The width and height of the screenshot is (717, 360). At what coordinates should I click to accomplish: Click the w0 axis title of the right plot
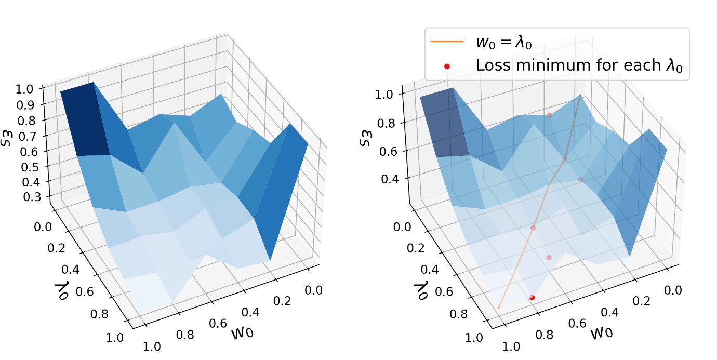point(603,331)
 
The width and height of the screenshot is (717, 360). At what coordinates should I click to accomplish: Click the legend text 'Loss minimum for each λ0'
point(582,66)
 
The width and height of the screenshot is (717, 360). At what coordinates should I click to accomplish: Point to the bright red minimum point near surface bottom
point(532,297)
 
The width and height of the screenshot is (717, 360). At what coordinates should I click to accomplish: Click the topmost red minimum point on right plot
point(549,115)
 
